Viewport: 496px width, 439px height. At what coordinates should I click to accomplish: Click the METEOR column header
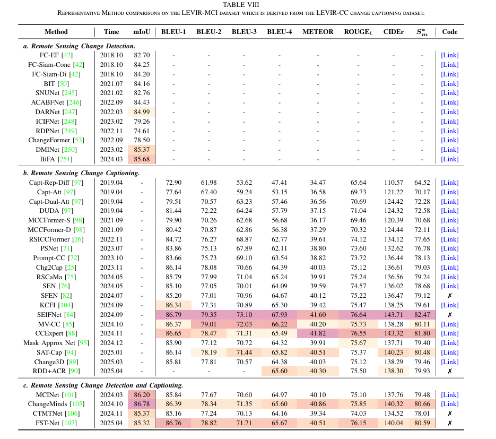tap(318, 32)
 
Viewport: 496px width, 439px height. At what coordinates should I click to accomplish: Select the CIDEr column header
tap(393, 32)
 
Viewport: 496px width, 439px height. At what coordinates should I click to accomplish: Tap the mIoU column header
tap(142, 32)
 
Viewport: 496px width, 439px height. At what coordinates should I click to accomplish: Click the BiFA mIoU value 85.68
tap(142, 159)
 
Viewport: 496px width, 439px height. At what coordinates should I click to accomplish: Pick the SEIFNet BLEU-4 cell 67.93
tap(280, 315)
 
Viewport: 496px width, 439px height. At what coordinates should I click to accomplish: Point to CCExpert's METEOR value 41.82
tap(318, 333)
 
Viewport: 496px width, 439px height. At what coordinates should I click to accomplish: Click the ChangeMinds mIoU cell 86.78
tap(142, 404)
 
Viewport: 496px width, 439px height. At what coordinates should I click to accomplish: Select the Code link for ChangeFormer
tap(449, 140)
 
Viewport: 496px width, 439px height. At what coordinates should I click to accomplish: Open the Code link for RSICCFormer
tap(449, 239)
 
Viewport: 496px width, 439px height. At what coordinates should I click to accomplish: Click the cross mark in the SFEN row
tap(449, 296)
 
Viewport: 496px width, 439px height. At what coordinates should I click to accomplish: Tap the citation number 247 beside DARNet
tap(69, 112)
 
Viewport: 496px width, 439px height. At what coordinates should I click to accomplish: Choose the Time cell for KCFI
tap(111, 305)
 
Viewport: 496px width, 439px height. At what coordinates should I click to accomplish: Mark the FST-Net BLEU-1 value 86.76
tap(173, 423)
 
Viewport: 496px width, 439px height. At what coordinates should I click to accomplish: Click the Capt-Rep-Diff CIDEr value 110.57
tap(394, 183)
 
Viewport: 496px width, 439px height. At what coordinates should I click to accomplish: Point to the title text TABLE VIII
tap(241, 5)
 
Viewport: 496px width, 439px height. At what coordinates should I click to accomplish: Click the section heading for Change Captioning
tap(81, 173)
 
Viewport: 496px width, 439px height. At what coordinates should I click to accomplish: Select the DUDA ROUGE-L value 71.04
tap(358, 211)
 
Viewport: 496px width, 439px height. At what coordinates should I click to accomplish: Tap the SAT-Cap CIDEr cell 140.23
tap(394, 352)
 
